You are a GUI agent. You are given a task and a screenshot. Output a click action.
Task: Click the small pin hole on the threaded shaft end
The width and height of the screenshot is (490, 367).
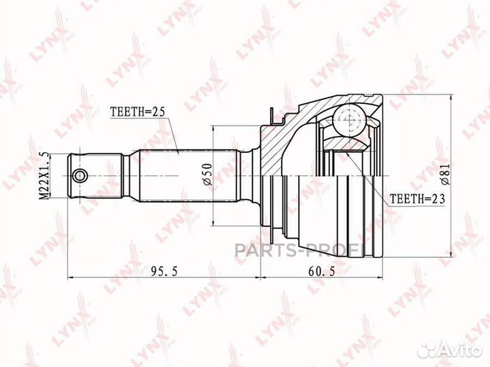(81, 176)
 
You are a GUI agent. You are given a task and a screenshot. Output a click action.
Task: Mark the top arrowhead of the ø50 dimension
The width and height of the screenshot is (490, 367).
(214, 128)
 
